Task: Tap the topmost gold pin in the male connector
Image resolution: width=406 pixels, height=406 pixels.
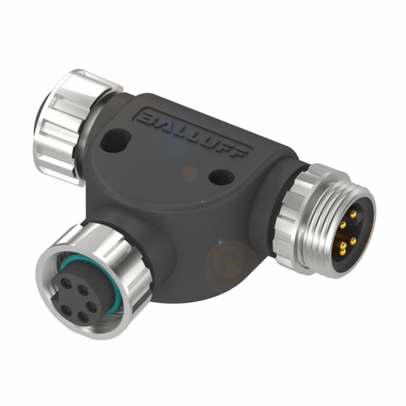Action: pos(352,213)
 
